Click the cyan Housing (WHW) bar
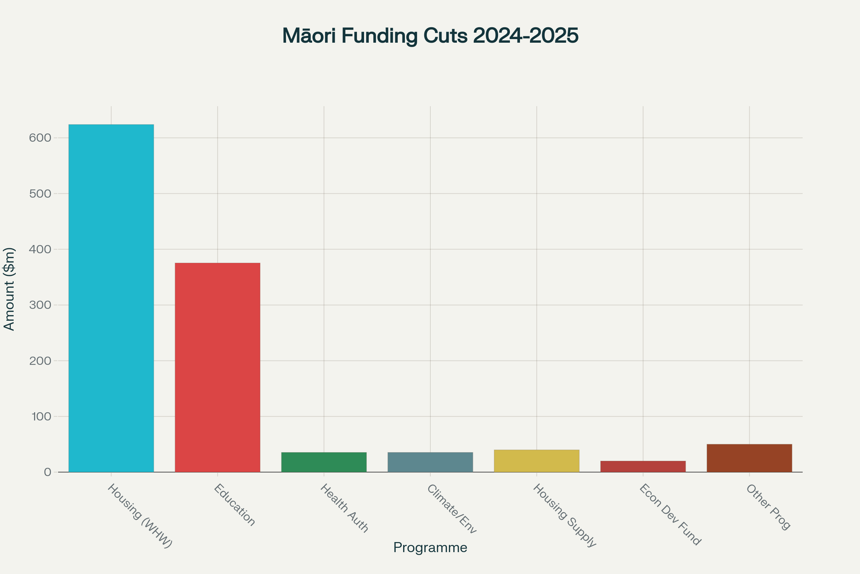point(111,298)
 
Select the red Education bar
point(218,367)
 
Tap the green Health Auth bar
point(324,462)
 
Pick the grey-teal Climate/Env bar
point(430,462)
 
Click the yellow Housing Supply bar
point(536,461)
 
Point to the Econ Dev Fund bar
point(643,466)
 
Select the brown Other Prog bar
point(749,458)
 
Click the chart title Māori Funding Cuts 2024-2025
point(430,36)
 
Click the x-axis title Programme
point(430,548)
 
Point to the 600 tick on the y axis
point(40,138)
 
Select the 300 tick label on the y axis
point(40,305)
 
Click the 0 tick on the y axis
point(48,472)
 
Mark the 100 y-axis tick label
point(41,417)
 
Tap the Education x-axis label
point(234,505)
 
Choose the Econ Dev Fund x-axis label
point(670,515)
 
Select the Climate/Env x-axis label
point(451,509)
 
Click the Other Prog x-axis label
point(768,507)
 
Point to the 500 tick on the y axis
point(40,194)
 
